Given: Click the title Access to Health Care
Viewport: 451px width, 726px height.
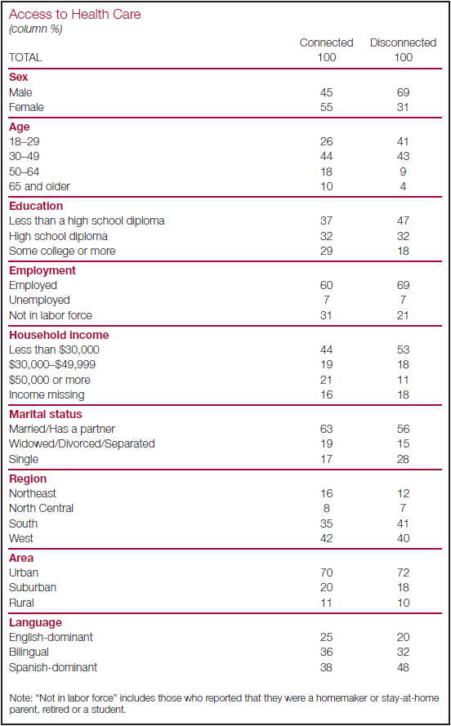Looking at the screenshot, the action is tap(75, 15).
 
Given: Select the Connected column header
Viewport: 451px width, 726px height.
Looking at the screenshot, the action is tap(327, 43).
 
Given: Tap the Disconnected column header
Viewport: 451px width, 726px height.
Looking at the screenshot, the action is tap(403, 43).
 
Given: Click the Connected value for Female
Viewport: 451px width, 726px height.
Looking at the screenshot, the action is tap(327, 108).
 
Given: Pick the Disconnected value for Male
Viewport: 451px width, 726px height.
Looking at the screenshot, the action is tap(403, 92).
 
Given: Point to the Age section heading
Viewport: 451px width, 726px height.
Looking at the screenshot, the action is tap(20, 127).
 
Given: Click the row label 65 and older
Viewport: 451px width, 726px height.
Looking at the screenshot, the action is tap(40, 186).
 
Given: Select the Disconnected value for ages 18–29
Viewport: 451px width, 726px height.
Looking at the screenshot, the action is tap(403, 142).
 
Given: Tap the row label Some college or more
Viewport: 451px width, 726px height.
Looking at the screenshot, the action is tap(62, 251).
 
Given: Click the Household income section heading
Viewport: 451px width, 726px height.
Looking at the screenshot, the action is tap(60, 334).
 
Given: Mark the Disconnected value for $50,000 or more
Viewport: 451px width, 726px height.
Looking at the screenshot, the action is tap(403, 380).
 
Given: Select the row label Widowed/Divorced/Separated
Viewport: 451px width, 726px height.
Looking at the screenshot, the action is tap(82, 443).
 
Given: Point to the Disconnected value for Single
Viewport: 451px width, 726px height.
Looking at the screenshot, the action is tap(403, 459).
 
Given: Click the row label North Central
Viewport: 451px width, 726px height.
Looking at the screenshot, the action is tap(41, 508).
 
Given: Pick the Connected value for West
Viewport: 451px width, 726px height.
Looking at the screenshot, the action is tap(327, 538).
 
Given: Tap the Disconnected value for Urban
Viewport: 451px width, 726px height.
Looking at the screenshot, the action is tap(403, 573).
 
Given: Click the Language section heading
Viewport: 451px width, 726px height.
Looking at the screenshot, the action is tap(35, 622).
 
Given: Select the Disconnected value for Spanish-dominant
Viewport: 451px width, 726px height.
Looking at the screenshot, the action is tap(403, 667).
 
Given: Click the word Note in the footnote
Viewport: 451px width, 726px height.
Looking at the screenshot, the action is tap(19, 697).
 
